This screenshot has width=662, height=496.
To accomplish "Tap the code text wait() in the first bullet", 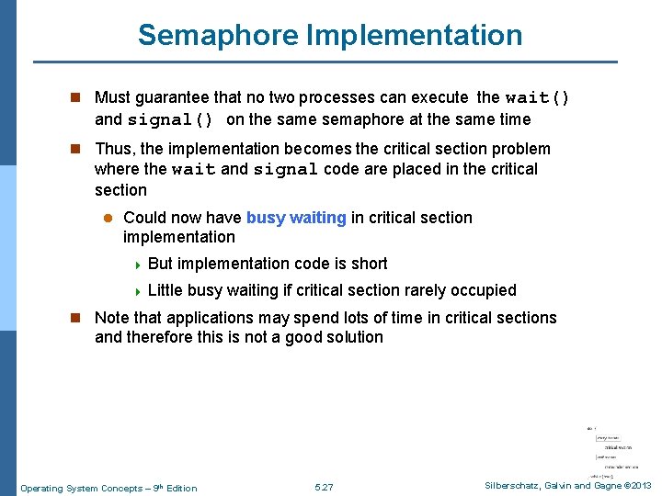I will (537, 97).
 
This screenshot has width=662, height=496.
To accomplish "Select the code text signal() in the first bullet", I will (171, 119).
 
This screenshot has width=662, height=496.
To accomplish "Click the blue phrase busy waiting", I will (296, 218).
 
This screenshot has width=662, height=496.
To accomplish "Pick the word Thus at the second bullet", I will (114, 149).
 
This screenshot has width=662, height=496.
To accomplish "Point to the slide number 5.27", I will (324, 488).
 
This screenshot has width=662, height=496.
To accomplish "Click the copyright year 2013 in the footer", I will (639, 486).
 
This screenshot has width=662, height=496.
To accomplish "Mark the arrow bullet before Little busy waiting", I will (138, 291).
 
